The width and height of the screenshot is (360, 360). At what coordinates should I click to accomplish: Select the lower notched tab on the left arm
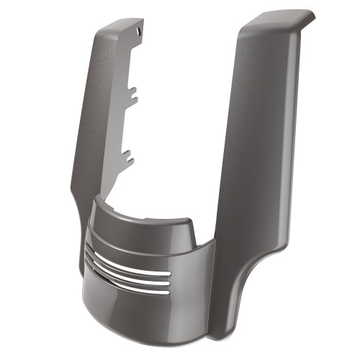point(127,153)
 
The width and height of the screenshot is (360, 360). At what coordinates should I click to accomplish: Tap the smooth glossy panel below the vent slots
point(130,302)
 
